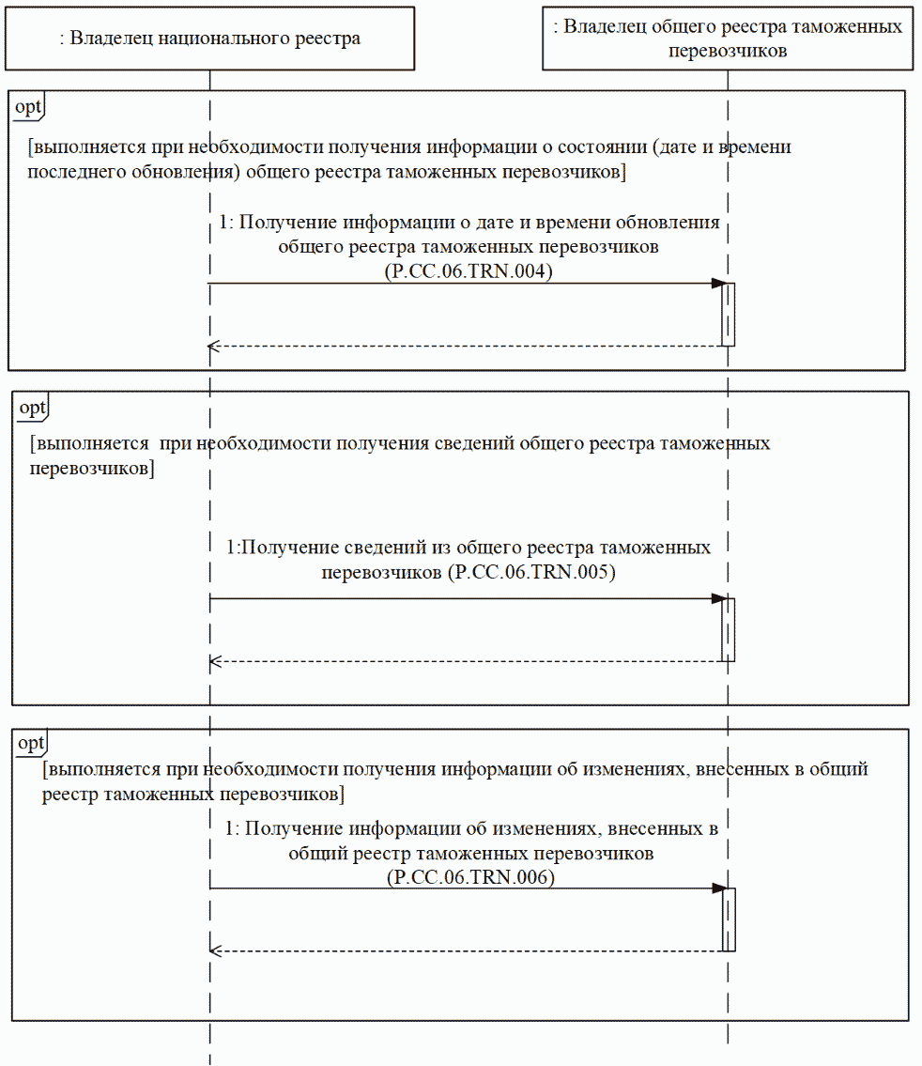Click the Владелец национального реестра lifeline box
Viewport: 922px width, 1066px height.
pos(209,39)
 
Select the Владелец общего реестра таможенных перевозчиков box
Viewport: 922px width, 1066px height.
pos(728,39)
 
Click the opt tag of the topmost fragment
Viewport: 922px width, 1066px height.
pos(27,106)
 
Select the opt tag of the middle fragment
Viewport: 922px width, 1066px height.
pos(32,407)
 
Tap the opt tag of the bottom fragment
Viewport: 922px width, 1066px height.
pos(31,744)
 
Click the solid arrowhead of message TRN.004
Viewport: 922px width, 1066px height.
pos(718,284)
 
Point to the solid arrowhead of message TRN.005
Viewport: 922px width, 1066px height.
pos(718,598)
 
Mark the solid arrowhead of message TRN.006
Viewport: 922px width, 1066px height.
pos(718,888)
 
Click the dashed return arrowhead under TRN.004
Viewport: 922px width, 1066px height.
pos(214,347)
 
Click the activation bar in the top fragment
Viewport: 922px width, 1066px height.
pos(728,315)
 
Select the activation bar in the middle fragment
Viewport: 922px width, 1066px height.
pos(728,629)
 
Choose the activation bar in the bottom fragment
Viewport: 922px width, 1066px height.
pos(728,919)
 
